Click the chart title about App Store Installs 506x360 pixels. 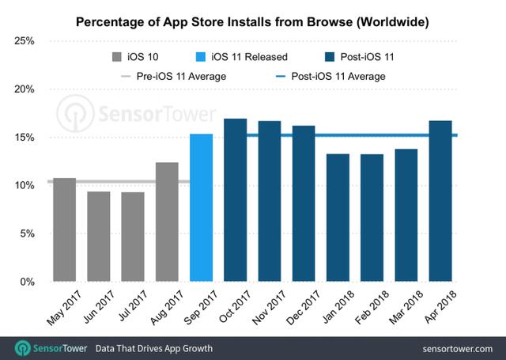252,22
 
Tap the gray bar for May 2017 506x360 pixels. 64,229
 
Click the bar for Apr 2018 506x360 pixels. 440,201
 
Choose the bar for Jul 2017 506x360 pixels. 133,237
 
